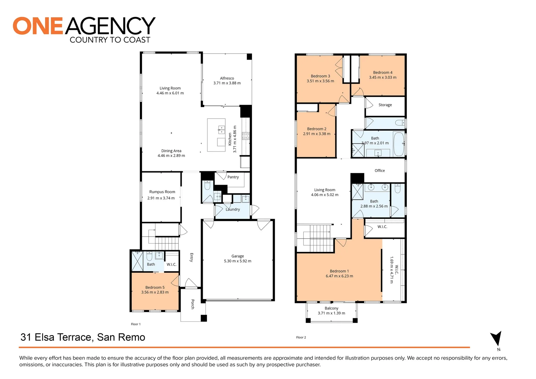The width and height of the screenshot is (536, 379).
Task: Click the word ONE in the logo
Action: pos(38,26)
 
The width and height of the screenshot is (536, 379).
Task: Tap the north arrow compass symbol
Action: pos(496,339)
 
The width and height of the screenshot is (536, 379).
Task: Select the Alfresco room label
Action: pos(227,78)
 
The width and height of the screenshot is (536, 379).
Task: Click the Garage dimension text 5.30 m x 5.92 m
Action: pos(237,261)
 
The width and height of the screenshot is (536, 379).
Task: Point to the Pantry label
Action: pos(233,177)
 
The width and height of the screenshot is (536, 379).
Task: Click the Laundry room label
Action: pos(233,210)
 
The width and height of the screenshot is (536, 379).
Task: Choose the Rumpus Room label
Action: pos(162,192)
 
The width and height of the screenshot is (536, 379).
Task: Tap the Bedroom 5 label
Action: pos(155,287)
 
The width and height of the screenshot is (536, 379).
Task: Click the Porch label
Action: pos(193,304)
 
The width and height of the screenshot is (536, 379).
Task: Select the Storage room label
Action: pos(385,105)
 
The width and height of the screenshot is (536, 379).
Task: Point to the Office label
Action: pos(380,171)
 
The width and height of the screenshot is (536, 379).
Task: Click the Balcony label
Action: pos(331,308)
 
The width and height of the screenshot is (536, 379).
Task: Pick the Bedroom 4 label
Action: pos(383,73)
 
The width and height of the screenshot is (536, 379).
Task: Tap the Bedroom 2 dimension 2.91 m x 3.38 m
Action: pos(316,134)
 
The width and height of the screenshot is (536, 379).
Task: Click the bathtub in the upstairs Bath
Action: pos(398,144)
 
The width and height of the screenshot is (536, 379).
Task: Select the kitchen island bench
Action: pos(216,135)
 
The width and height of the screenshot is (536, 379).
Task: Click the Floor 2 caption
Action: pos(301,337)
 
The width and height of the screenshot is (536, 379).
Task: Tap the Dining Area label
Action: pos(171,151)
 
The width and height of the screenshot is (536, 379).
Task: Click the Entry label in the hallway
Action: pos(192,257)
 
